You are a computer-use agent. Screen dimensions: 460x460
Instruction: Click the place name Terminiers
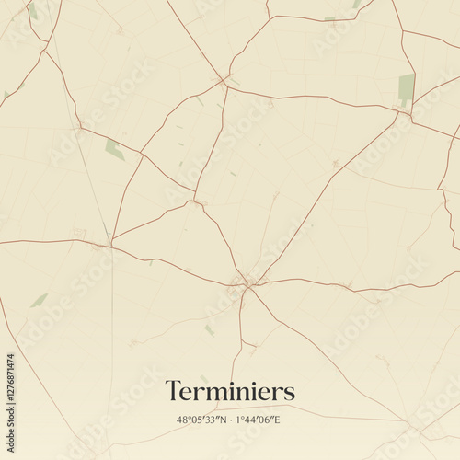(230, 391)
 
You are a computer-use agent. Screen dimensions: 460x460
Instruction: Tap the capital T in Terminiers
(172, 391)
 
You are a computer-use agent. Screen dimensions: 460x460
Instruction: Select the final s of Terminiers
(290, 393)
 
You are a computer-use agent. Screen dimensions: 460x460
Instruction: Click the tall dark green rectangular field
(406, 87)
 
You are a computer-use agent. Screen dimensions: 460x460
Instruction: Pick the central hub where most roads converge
(247, 284)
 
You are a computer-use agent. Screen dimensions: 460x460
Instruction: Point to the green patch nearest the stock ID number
(39, 300)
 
